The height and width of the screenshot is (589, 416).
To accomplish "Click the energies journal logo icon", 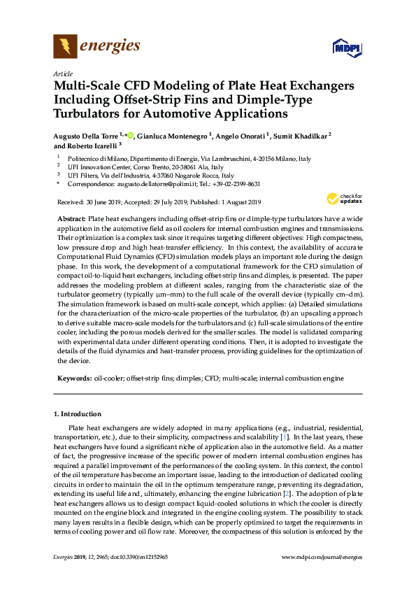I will [x=66, y=47].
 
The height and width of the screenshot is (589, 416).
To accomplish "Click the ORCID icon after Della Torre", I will [x=130, y=134].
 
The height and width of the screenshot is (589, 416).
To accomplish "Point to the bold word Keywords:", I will [x=73, y=378].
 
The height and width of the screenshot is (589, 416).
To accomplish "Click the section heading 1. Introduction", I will [x=82, y=413].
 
